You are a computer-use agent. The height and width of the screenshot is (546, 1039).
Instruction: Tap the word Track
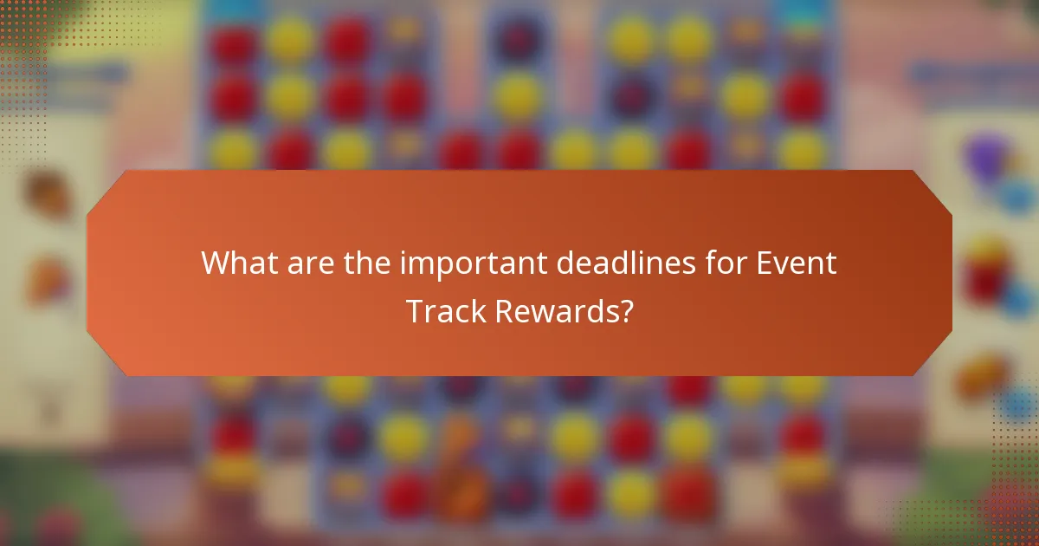coord(447,311)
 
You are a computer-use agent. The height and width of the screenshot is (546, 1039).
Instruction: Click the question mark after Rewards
coord(623,311)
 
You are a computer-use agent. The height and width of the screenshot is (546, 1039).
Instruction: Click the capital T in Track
coord(415,311)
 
